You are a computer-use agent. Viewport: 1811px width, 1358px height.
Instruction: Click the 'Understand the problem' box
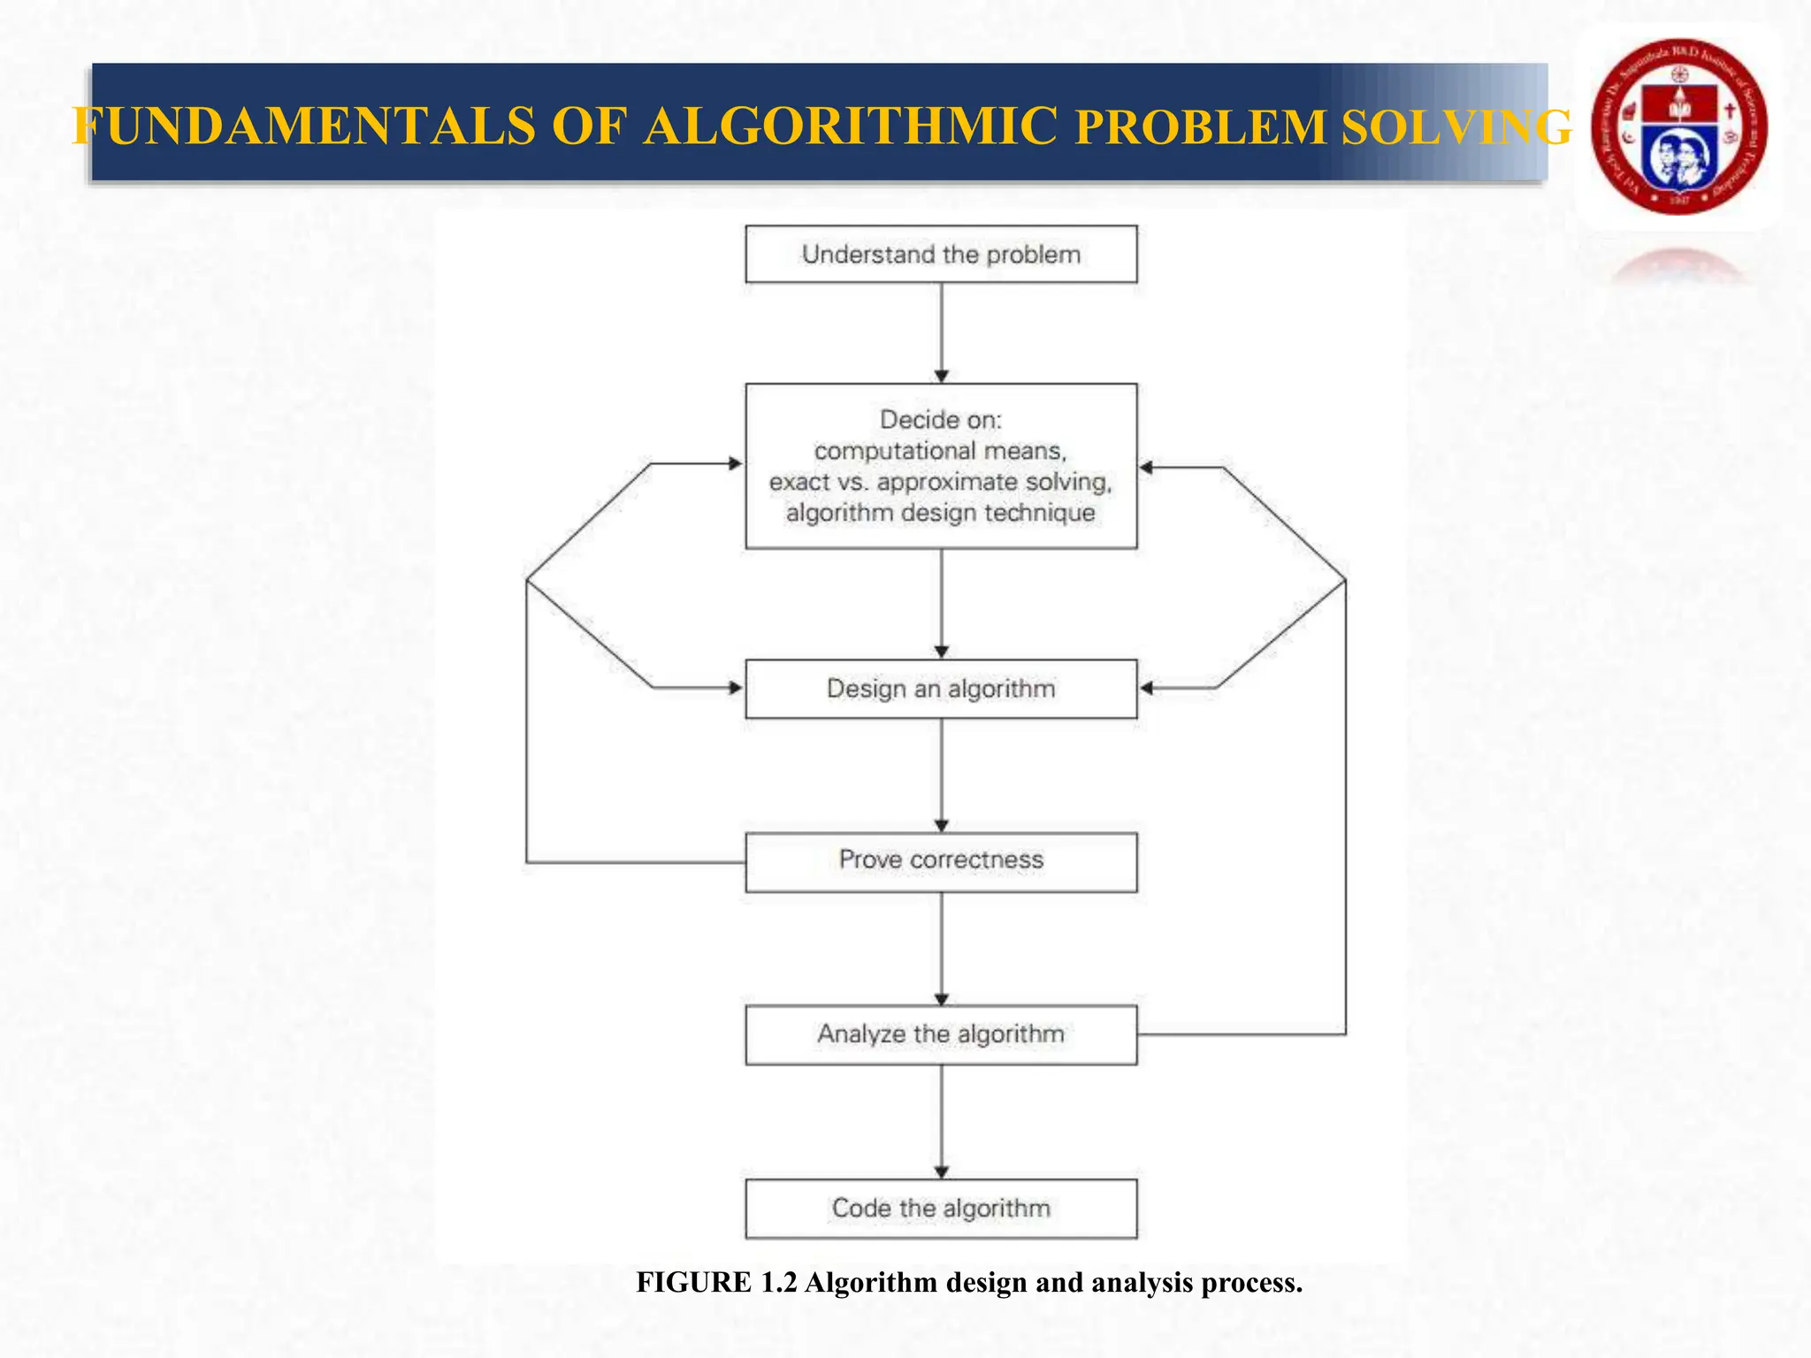(x=941, y=255)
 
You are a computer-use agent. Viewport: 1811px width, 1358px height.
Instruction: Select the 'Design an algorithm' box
(x=941, y=689)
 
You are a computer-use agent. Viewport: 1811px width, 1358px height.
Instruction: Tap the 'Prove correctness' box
(x=941, y=861)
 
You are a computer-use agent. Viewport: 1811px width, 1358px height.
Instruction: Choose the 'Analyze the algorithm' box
(x=941, y=1034)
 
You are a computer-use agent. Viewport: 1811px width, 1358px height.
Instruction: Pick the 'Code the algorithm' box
(x=941, y=1209)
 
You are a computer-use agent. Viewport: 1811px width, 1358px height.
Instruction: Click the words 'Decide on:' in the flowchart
(x=941, y=419)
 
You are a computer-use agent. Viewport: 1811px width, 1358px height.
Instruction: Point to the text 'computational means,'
(x=941, y=451)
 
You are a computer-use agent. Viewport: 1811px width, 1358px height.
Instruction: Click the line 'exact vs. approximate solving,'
(x=941, y=482)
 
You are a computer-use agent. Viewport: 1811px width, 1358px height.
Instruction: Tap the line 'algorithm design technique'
(x=941, y=513)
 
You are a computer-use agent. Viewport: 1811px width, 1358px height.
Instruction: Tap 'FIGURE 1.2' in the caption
(x=716, y=1282)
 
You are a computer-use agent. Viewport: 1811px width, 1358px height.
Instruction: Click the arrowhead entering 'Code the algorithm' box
(x=942, y=1172)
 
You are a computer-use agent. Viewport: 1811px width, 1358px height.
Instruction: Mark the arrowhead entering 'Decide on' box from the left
(x=736, y=463)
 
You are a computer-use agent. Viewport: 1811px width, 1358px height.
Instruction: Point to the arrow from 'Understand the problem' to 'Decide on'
(x=942, y=332)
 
